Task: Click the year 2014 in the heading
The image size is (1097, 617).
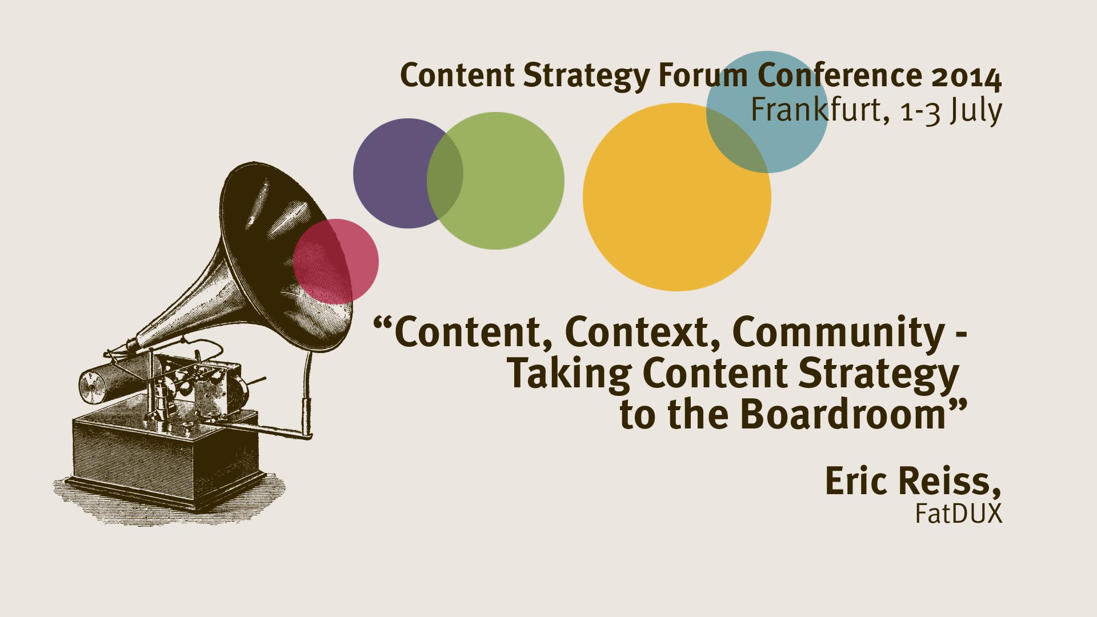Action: pos(967,77)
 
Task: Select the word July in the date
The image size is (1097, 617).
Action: pos(975,111)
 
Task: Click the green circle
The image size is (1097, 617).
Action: pos(495,181)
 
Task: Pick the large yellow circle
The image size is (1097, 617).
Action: pos(677,197)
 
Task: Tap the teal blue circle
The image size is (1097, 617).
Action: pos(767,112)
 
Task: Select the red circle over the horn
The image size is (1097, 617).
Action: pos(336,261)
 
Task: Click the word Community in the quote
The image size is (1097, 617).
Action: pos(838,331)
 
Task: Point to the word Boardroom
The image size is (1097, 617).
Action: pos(844,414)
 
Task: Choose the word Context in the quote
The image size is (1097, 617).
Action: pos(644,332)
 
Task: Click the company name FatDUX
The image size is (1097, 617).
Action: pos(959,513)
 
